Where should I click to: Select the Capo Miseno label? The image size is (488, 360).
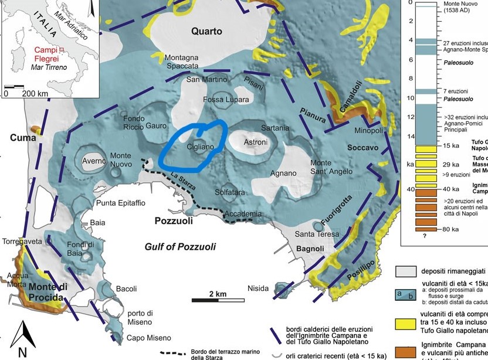pos(149,338)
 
